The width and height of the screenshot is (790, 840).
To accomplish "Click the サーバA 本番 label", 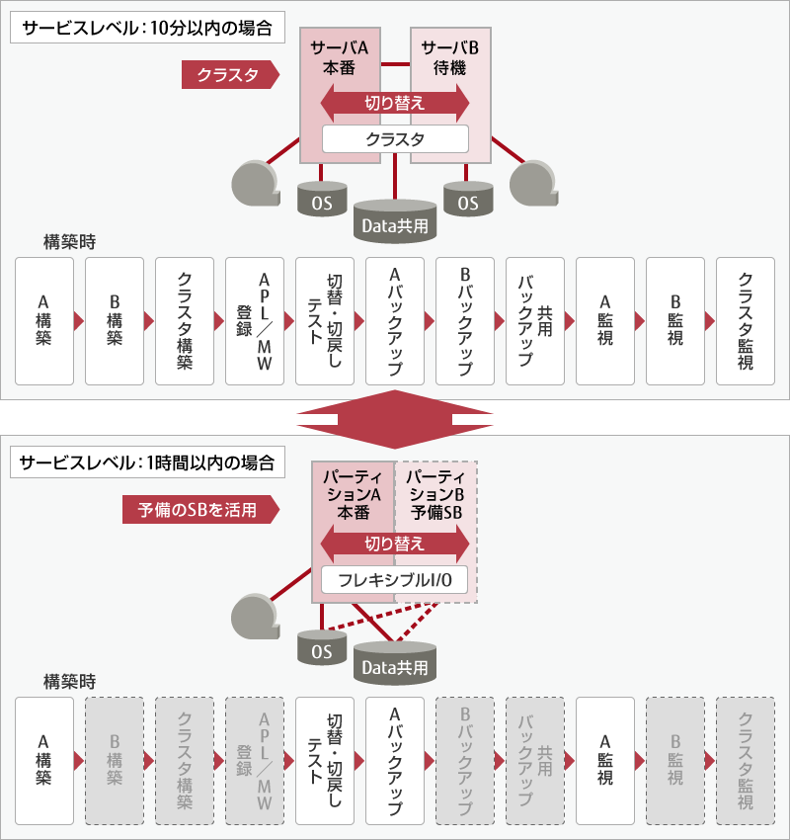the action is [340, 58].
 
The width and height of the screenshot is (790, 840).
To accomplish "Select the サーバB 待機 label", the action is [449, 58].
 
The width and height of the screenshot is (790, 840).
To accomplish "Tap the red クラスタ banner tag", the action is [230, 74].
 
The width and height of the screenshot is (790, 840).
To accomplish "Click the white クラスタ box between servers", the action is [395, 139].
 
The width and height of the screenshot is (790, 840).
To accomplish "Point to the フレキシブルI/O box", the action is [394, 580].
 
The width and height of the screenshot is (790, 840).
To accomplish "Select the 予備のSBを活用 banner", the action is [200, 510].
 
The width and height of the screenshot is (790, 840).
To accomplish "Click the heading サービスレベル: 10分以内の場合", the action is [147, 28].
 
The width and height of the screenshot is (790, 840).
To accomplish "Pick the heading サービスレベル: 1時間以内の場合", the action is [147, 462].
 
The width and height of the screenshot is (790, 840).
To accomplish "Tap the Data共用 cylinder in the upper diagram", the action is [395, 221].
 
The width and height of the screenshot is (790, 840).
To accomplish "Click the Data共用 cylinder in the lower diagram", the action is [395, 663].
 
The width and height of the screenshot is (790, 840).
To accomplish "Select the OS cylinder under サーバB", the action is [468, 199].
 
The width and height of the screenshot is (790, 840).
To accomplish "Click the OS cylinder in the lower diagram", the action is [322, 647].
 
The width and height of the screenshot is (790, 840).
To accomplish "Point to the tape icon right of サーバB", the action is [533, 184].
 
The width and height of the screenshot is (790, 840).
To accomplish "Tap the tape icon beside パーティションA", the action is [256, 616].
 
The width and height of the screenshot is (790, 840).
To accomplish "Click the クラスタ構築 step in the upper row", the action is [185, 321].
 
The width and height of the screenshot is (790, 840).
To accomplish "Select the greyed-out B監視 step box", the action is [674, 761].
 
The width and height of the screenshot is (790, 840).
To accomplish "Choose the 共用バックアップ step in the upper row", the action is [535, 321].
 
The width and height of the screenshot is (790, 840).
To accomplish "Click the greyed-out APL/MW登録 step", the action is [255, 761].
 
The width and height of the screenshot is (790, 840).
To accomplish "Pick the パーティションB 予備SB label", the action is [435, 494].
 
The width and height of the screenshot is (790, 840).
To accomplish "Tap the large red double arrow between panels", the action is [395, 419].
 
